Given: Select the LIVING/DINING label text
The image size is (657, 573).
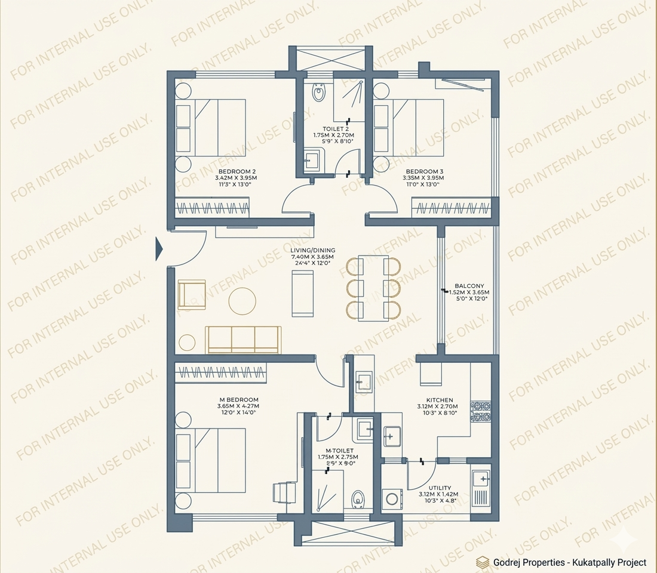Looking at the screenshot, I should (x=312, y=250).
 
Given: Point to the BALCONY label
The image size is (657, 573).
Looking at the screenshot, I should (x=469, y=286).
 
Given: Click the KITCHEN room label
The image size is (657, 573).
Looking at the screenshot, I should (x=439, y=400).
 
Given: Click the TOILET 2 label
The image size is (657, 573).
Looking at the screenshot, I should (x=335, y=129).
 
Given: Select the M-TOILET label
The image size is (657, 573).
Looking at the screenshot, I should (x=339, y=451).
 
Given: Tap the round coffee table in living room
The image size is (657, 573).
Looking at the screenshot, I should (x=242, y=301).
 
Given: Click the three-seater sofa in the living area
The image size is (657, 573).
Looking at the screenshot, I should (x=242, y=339).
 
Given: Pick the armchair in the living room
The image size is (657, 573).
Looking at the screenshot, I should (x=191, y=294).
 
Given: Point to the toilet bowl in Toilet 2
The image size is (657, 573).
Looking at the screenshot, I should (x=319, y=92).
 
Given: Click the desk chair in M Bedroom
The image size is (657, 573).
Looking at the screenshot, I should (x=282, y=492).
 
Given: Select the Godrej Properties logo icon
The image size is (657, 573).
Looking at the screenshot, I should (x=482, y=562).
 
